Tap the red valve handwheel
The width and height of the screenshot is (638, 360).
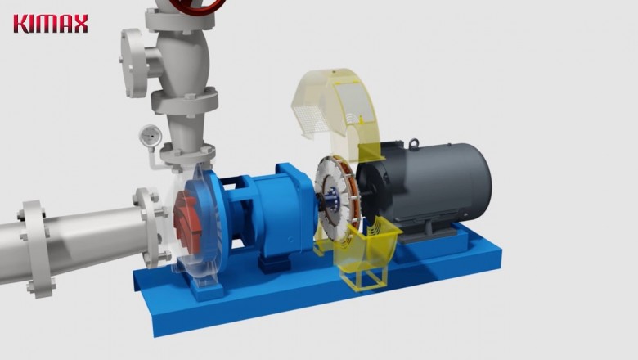(x=196, y=6)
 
